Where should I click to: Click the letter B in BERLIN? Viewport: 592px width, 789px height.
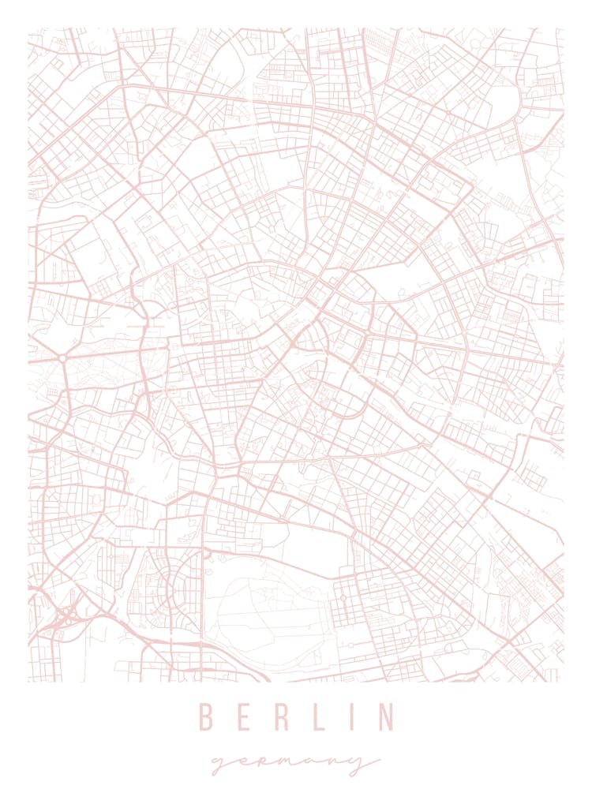[207, 717]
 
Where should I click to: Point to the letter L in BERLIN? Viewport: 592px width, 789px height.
[316, 717]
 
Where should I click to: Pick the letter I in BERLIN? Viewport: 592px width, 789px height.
[350, 717]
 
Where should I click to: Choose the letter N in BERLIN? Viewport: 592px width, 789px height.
[384, 717]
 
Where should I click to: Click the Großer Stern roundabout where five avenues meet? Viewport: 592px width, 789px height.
[61, 358]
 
